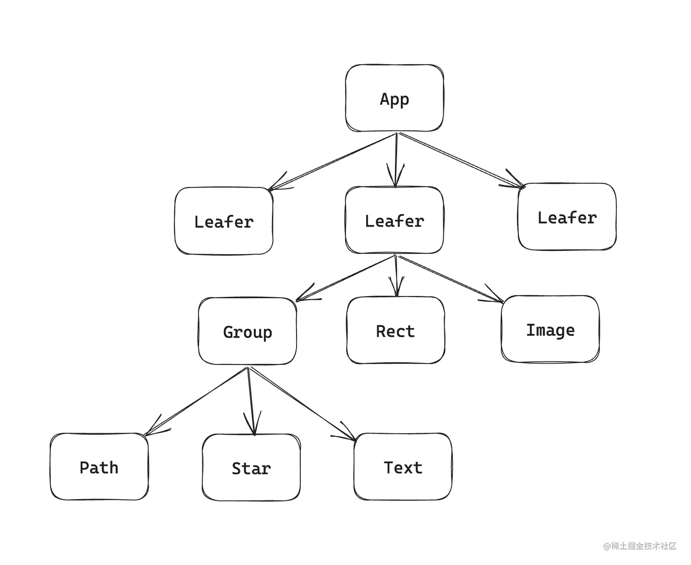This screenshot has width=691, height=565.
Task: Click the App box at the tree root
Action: (x=394, y=98)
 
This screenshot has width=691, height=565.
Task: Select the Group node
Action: (x=247, y=331)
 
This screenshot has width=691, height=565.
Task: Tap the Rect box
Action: (x=395, y=331)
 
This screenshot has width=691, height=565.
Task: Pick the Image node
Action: (x=550, y=329)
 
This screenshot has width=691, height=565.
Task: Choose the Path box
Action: (x=99, y=467)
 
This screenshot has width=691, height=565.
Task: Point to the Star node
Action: (x=251, y=468)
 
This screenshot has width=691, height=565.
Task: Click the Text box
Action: (x=403, y=467)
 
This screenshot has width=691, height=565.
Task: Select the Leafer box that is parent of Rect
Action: (x=394, y=220)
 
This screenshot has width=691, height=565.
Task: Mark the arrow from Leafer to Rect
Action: (x=396, y=272)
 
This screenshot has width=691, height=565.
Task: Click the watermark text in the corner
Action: (x=639, y=546)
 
